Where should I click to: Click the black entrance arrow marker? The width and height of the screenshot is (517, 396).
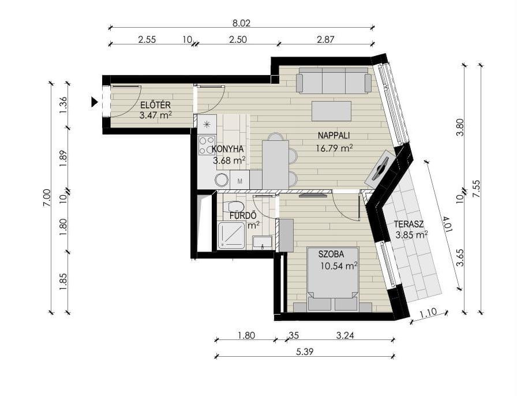click(x=95, y=102)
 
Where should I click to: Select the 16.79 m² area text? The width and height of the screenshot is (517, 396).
click(x=334, y=148)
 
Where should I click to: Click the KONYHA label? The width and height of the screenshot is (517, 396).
click(x=227, y=149)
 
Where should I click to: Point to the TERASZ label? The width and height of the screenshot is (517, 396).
click(x=409, y=225)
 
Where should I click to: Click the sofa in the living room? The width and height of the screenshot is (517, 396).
click(x=334, y=80)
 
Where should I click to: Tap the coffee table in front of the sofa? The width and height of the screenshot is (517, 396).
click(x=331, y=111)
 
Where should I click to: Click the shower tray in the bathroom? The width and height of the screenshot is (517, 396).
click(x=231, y=236)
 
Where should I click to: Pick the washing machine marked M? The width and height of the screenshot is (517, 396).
click(x=239, y=180)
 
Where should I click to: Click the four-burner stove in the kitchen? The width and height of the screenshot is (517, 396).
click(x=207, y=146)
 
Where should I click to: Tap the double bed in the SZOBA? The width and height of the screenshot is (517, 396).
click(x=333, y=279)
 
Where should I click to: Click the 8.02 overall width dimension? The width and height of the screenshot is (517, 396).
click(x=241, y=23)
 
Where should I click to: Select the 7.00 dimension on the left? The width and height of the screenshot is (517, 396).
click(x=47, y=197)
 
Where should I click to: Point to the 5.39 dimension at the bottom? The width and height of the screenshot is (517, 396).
click(x=305, y=352)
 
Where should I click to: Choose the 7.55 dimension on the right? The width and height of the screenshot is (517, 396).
click(x=476, y=189)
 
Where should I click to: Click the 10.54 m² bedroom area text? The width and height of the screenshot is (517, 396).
click(x=339, y=266)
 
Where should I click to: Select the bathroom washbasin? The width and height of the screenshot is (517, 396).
click(x=262, y=242)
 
